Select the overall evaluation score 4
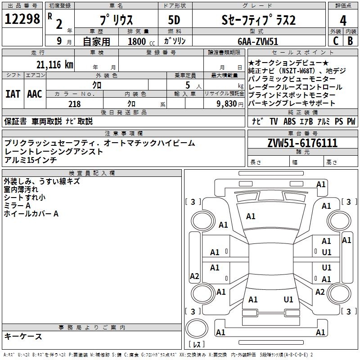point(343,20)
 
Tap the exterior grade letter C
point(335,40)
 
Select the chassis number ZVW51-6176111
point(302,143)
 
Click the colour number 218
point(74,104)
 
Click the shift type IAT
point(13,94)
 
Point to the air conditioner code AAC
point(35,94)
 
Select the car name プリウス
point(116,20)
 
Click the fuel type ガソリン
point(175,41)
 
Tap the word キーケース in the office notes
point(23,336)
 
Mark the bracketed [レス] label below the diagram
point(196,345)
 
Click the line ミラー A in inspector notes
point(17,205)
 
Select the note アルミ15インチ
point(30,160)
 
